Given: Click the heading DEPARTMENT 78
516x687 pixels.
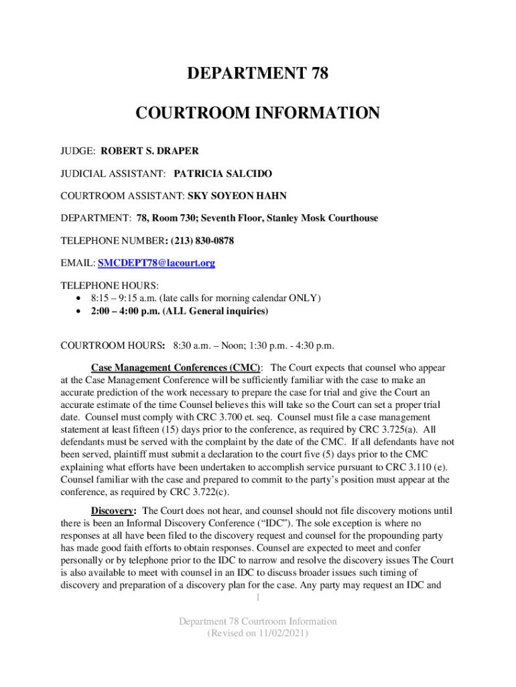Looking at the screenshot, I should [257, 74].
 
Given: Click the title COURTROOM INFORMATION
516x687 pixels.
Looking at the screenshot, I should [257, 113].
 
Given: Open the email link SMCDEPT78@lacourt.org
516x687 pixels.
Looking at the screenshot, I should [157, 263].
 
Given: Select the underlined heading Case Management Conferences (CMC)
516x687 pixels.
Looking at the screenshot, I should [176, 368].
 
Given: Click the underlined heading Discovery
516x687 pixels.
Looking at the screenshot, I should [111, 510].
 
